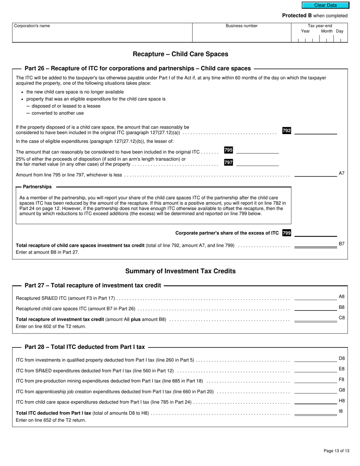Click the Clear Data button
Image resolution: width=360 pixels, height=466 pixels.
point(325,5)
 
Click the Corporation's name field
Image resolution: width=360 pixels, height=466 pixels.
point(102,33)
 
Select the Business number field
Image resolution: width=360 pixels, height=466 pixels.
point(241,33)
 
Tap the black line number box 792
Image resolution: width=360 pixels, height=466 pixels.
point(286,131)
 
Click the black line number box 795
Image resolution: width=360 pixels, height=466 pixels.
point(229,150)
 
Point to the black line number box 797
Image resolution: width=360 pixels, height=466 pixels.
point(229,163)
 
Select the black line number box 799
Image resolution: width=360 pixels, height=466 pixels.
point(286,233)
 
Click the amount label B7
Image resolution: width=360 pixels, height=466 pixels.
point(341,244)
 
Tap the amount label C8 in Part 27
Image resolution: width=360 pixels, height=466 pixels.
point(341,317)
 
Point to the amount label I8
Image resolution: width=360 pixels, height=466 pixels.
point(341,411)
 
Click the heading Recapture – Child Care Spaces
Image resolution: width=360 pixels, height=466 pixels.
point(180,54)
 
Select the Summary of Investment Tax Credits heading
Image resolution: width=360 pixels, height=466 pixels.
point(180,271)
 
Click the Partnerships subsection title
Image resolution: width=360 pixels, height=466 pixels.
point(37,187)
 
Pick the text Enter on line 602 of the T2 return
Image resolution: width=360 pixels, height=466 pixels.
point(51,326)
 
